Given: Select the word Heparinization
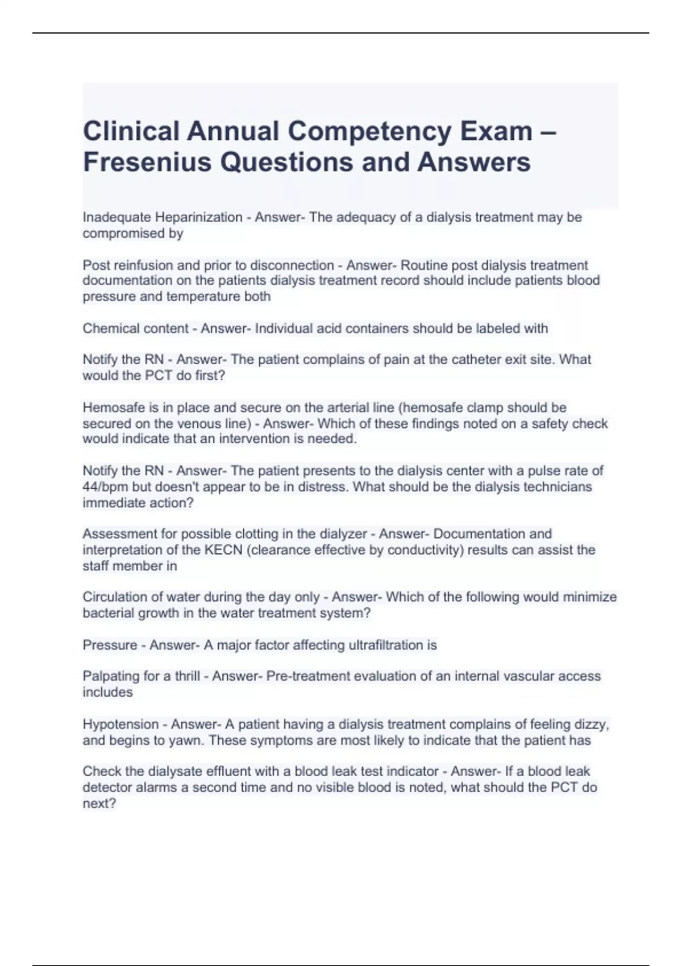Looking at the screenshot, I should point(199,217).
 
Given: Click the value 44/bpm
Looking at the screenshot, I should point(106,487).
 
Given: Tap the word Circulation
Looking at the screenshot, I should point(115,597).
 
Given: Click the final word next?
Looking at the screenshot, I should point(99,803).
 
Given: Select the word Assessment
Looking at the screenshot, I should point(115,534).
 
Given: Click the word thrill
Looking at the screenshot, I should point(187,676).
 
